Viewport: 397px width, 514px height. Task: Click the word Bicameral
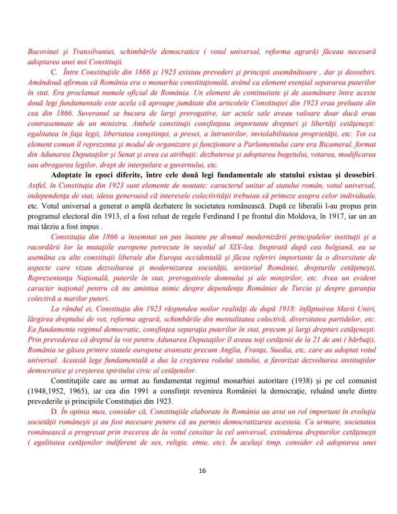344,144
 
